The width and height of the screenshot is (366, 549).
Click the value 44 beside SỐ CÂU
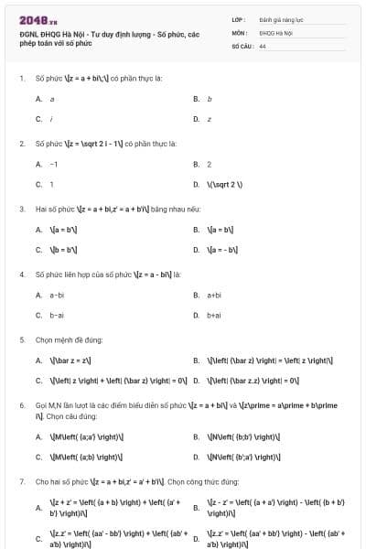coord(263,45)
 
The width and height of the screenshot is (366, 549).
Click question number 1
coord(21,78)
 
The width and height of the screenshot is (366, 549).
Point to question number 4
coord(21,274)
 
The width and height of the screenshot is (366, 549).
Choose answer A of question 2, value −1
coord(54,164)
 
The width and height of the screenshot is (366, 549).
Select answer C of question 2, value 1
coord(51,184)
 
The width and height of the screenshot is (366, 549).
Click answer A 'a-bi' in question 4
coord(57,295)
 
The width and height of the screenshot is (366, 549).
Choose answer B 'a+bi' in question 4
coord(215,295)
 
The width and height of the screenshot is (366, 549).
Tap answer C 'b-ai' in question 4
coord(57,315)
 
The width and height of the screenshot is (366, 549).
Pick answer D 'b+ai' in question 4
coord(215,315)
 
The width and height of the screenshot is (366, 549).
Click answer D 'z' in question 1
coord(209,119)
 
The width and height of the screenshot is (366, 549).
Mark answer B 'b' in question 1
coord(210,98)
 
